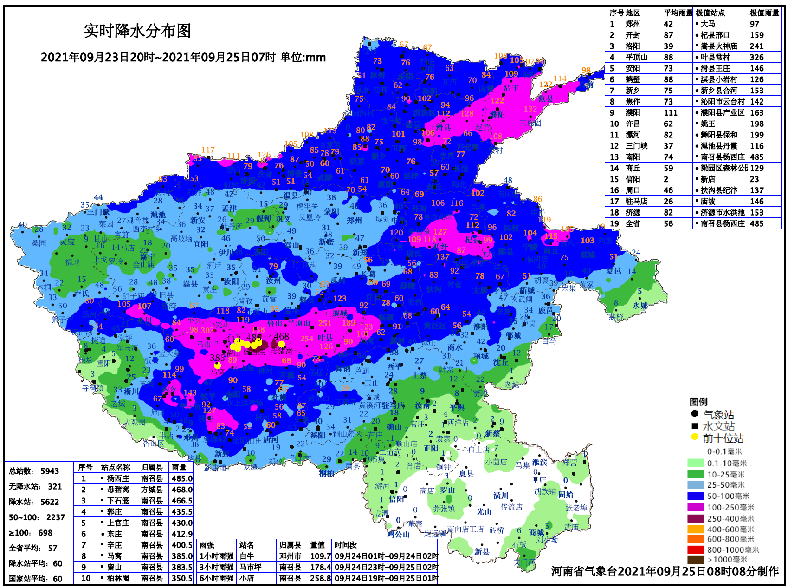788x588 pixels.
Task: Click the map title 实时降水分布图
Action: [x=137, y=31]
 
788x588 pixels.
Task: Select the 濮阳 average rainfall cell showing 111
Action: [x=670, y=112]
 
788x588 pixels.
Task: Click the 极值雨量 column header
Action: [x=764, y=13]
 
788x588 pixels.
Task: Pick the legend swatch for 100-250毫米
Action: [x=695, y=507]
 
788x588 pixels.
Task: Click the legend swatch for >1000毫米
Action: [x=695, y=560]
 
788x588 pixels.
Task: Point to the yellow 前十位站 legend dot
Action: [x=694, y=437]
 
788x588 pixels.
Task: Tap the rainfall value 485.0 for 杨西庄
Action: [x=182, y=478]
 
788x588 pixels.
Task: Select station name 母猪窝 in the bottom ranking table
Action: [x=118, y=490]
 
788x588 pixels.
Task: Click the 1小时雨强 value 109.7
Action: [x=320, y=556]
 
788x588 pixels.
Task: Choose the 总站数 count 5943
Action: [x=50, y=471]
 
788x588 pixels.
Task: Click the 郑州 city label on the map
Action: [x=354, y=220]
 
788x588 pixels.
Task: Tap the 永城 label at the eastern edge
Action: [x=640, y=305]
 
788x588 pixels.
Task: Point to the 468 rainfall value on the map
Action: [x=281, y=336]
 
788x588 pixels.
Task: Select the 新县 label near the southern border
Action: [x=482, y=551]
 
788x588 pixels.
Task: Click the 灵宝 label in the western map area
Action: [x=67, y=242]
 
